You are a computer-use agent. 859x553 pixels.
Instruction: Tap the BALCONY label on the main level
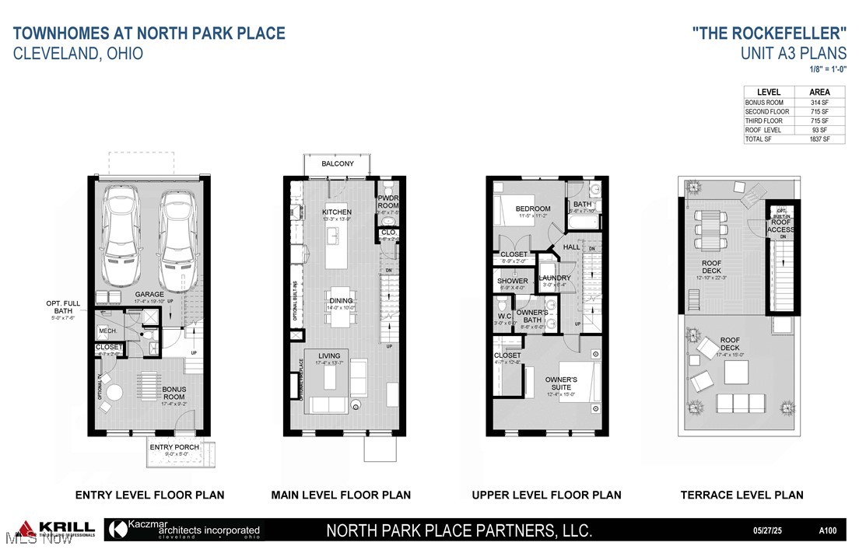tap(337, 164)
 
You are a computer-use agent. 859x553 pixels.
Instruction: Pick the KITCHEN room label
tap(337, 212)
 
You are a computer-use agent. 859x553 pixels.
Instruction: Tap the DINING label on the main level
tap(341, 300)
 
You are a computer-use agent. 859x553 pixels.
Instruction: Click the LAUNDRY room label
tap(556, 278)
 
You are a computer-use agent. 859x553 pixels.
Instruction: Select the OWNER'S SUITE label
tap(561, 383)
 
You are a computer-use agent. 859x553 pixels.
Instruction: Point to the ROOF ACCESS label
tap(781, 226)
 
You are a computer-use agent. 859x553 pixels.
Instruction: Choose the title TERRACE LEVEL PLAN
tap(742, 495)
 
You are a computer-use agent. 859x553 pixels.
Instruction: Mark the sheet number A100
tap(829, 530)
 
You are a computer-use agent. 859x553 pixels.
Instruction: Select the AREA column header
tap(819, 92)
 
